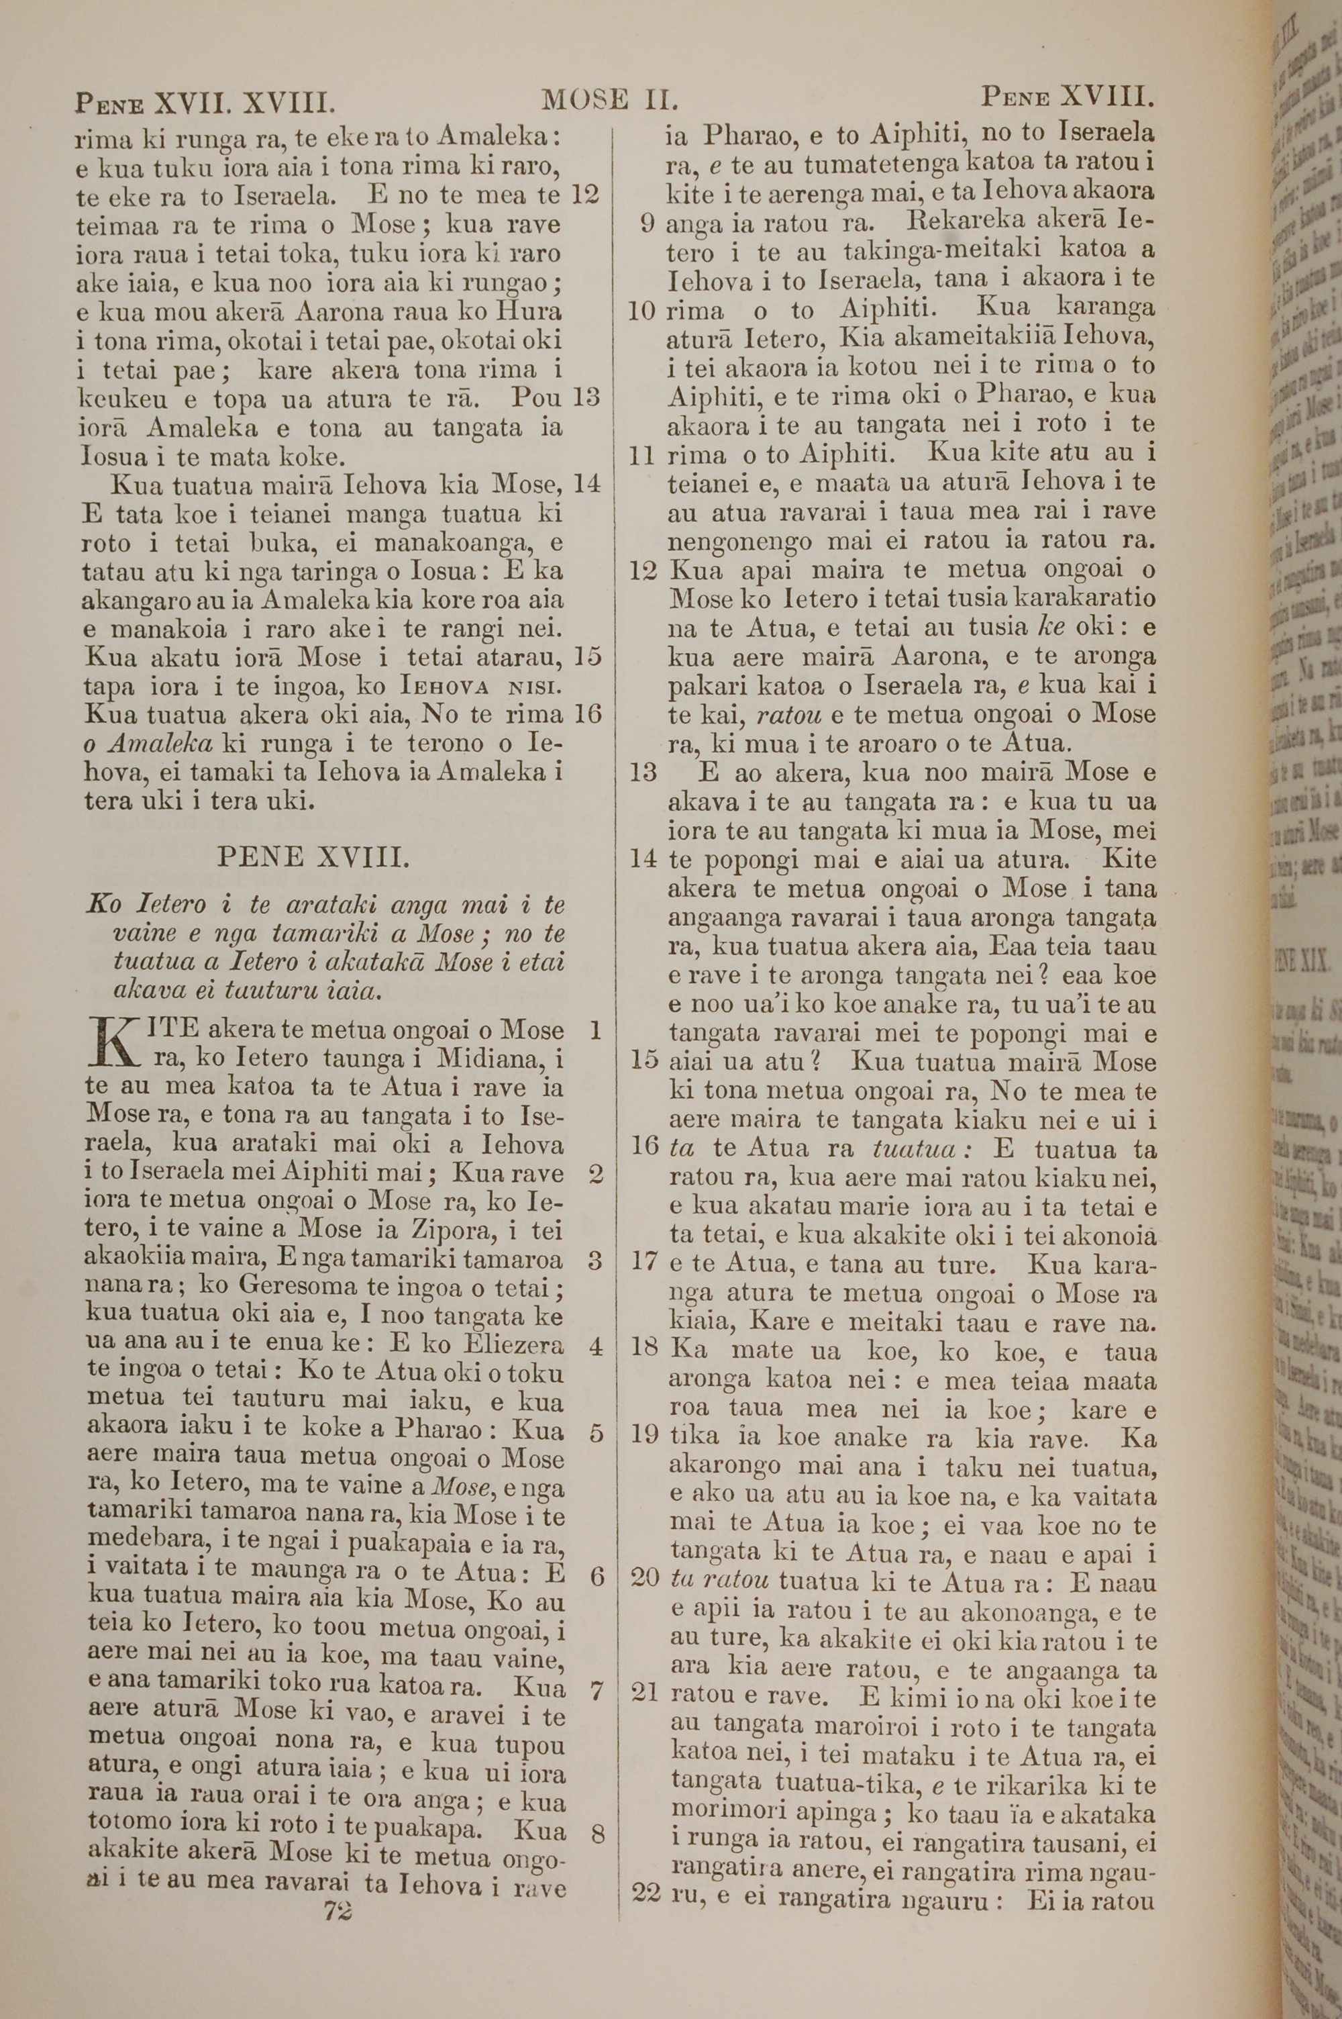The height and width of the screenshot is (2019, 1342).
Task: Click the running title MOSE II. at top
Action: point(610,101)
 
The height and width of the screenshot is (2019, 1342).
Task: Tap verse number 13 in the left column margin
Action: point(586,398)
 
